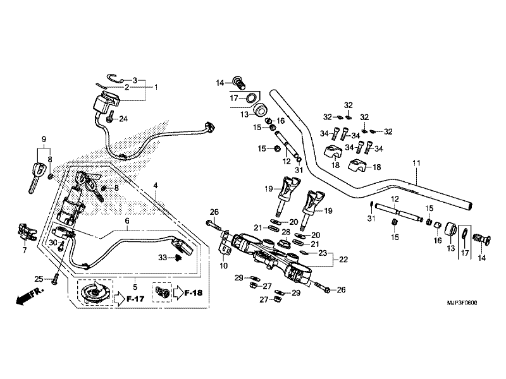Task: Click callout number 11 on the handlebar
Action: pyautogui.click(x=416, y=164)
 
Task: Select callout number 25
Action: pyautogui.click(x=39, y=279)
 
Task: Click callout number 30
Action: pyautogui.click(x=54, y=242)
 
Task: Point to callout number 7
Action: pyautogui.click(x=25, y=251)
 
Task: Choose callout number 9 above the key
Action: pyautogui.click(x=44, y=139)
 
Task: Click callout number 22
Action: pyautogui.click(x=343, y=259)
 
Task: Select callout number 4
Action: pyautogui.click(x=155, y=185)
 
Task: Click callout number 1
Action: pyautogui.click(x=156, y=87)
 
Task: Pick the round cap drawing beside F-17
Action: pyautogui.click(x=93, y=293)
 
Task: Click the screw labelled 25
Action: pyautogui.click(x=56, y=276)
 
